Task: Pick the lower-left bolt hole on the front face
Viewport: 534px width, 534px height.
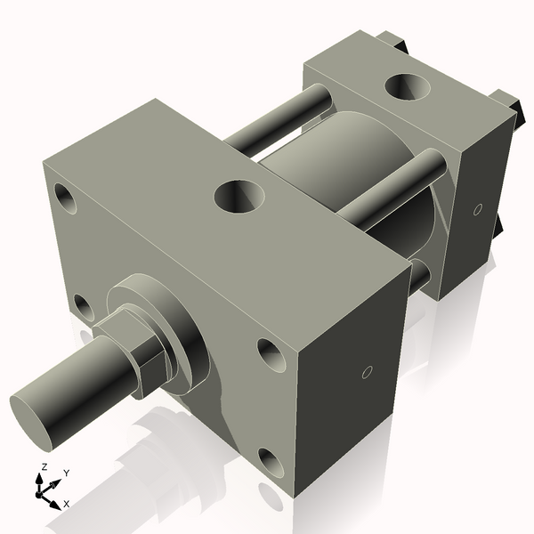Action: point(83,308)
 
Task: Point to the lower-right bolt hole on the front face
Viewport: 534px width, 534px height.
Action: point(272,461)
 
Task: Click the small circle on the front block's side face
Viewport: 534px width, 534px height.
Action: point(365,373)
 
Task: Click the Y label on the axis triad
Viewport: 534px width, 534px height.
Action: point(67,473)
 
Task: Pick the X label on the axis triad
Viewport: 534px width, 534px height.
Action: point(67,504)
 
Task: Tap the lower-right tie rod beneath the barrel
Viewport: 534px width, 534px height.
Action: point(418,274)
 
